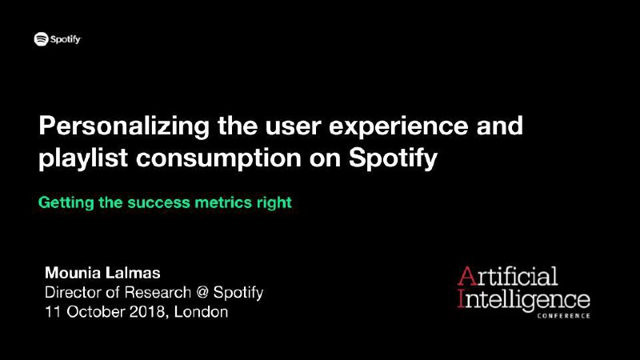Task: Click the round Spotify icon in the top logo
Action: (42, 39)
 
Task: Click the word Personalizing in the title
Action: (124, 126)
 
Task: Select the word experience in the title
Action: (398, 126)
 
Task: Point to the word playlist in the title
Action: (83, 158)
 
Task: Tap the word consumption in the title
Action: (218, 159)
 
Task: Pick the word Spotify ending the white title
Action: (393, 158)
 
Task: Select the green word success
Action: (158, 203)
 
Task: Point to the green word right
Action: (274, 203)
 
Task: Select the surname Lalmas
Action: (134, 273)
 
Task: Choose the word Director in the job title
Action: (73, 292)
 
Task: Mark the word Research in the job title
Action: (158, 292)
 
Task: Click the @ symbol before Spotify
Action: (202, 293)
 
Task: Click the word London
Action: (202, 312)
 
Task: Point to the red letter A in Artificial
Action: (467, 276)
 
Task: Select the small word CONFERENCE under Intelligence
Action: (564, 316)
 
